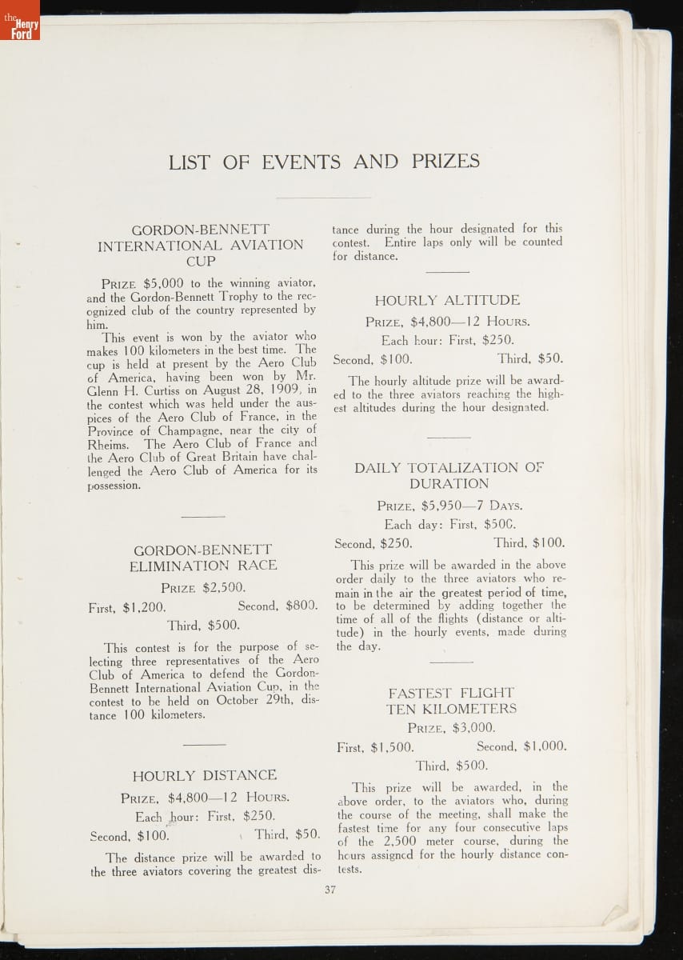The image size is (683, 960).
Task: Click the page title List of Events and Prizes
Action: click(324, 162)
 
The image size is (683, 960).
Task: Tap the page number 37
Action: click(330, 890)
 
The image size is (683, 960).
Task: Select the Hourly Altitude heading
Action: click(447, 300)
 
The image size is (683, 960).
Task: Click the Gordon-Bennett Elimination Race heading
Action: click(203, 558)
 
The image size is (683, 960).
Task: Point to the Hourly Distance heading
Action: click(205, 775)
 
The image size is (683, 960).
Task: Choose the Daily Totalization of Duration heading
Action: click(449, 475)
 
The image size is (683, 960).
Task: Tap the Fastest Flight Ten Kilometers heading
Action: click(451, 701)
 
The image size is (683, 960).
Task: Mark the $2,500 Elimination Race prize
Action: click(224, 587)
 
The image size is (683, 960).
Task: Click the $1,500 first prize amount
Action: click(392, 747)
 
